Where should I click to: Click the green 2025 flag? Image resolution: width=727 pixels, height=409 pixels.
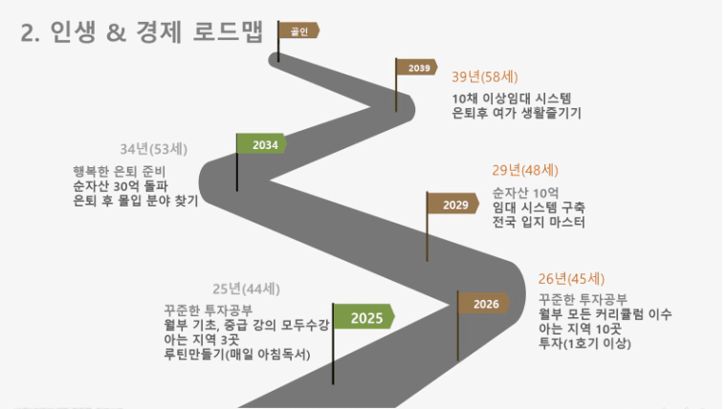(364, 317)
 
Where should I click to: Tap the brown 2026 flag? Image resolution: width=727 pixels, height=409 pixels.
(484, 304)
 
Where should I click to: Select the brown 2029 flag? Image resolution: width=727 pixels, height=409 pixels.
(453, 204)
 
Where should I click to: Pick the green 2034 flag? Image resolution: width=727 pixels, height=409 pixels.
(262, 144)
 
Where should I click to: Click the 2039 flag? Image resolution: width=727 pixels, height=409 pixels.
(417, 68)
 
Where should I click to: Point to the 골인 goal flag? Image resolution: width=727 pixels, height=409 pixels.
(299, 31)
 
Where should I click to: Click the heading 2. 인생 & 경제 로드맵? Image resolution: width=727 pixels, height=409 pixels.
(142, 32)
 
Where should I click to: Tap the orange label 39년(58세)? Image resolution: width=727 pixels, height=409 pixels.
(485, 76)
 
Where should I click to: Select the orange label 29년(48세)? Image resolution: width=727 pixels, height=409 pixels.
(525, 170)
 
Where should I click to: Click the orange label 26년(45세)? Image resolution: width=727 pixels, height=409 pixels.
(572, 279)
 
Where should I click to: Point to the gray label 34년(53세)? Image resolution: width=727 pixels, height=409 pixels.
(154, 149)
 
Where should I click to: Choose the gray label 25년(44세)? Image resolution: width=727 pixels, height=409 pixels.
(246, 289)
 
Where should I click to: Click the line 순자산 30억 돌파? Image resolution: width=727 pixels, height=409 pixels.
(121, 186)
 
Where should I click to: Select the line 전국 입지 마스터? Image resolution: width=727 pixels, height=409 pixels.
(539, 222)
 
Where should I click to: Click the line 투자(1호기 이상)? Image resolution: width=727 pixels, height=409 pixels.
(584, 344)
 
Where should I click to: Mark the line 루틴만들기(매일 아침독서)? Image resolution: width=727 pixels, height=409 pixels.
(237, 355)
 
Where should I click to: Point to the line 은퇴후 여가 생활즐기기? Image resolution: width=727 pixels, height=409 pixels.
(517, 113)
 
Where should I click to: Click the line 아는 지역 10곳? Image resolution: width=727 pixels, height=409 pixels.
(580, 329)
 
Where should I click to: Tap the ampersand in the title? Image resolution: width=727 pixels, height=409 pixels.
(116, 33)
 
